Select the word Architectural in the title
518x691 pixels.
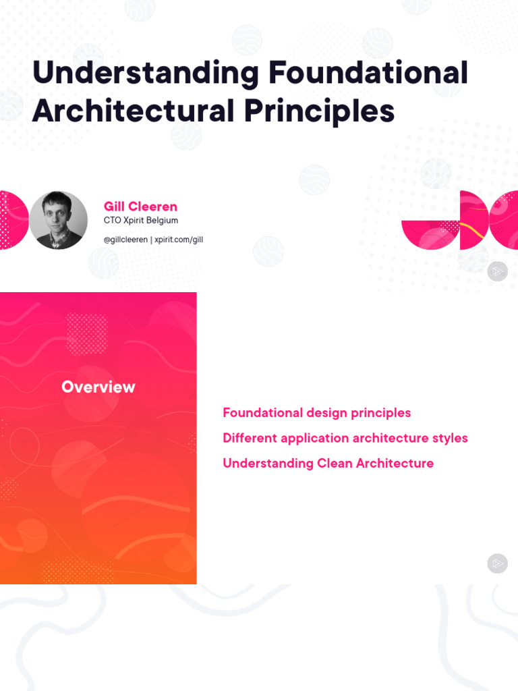click(x=133, y=111)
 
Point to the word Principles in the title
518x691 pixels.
click(x=319, y=111)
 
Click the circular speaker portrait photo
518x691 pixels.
click(x=59, y=220)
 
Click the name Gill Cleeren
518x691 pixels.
click(x=140, y=206)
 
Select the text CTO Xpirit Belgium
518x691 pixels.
click(x=140, y=221)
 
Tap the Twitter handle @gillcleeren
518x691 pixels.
click(x=125, y=240)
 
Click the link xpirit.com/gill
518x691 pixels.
click(x=179, y=240)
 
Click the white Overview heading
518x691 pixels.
click(x=98, y=387)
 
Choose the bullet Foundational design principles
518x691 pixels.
click(x=316, y=413)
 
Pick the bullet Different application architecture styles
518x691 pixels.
click(x=345, y=438)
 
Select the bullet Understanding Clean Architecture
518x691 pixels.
click(x=328, y=464)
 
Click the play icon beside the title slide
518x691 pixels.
click(x=497, y=271)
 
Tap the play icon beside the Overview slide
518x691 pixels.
click(x=497, y=563)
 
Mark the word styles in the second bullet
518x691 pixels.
click(x=450, y=438)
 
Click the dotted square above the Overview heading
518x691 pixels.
click(x=86, y=334)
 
